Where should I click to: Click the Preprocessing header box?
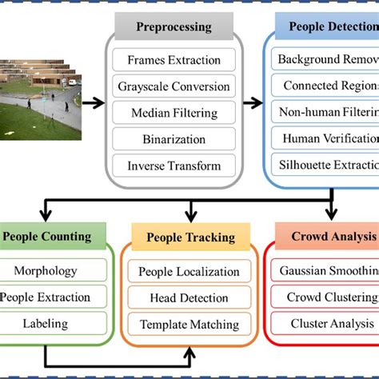174,26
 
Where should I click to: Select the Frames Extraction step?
174,59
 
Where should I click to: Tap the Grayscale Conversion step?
174,86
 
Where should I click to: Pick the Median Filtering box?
174,113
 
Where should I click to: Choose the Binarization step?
174,139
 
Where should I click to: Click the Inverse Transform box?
174,166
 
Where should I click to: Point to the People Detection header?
328,26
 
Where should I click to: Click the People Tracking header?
190,237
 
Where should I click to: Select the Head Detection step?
189,297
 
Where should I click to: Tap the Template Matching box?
189,324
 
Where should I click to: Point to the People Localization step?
189,271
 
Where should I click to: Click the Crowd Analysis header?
333,237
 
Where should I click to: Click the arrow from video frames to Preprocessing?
93,102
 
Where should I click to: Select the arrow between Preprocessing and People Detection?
253,102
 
